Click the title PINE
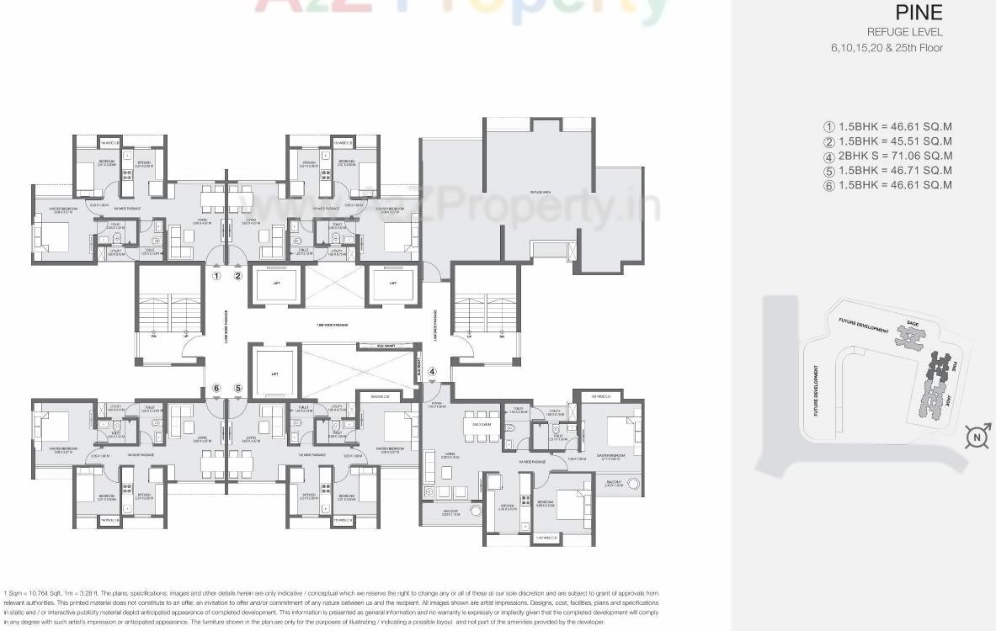[x=919, y=13]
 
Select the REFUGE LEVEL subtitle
[x=904, y=32]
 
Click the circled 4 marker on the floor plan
[x=433, y=371]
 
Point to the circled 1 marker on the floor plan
[x=216, y=275]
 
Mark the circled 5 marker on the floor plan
[x=238, y=388]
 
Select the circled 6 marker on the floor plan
[x=216, y=388]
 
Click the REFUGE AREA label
[x=541, y=193]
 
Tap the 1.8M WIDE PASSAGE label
[x=332, y=325]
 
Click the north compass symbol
[x=977, y=437]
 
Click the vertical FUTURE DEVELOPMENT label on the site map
[x=816, y=390]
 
